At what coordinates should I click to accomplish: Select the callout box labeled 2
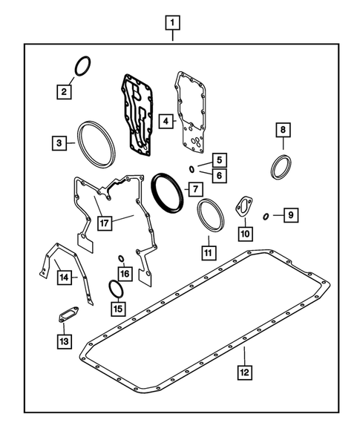[x=65, y=92]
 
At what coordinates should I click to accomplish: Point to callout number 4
[x=167, y=119]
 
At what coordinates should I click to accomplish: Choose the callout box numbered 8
[x=282, y=131]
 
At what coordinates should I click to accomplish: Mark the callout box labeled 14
[x=65, y=277]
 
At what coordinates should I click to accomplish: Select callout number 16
[x=125, y=274]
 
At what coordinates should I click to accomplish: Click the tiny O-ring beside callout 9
[x=266, y=217]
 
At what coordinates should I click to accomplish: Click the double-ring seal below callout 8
[x=282, y=165]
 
